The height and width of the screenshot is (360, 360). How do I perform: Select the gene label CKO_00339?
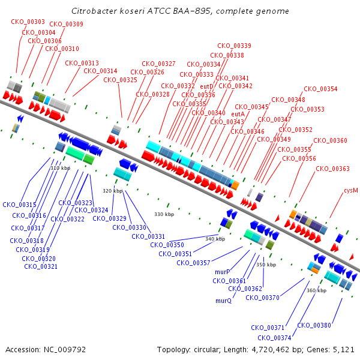(x=234, y=46)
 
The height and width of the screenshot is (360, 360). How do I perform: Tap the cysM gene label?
(x=351, y=190)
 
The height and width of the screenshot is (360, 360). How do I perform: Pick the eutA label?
(x=238, y=114)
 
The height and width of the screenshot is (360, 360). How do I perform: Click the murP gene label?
(x=223, y=272)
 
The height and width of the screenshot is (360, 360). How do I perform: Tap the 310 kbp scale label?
(x=60, y=169)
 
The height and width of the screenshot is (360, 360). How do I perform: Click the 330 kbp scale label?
(x=164, y=214)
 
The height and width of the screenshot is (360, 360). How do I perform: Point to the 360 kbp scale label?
(x=316, y=290)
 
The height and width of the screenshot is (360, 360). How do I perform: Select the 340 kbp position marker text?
(x=215, y=239)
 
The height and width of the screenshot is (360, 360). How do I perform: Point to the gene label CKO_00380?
(x=314, y=325)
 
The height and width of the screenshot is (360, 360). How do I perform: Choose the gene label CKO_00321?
(x=41, y=266)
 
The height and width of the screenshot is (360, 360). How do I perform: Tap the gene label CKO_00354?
(x=320, y=89)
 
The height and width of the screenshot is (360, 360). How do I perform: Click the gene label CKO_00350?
(x=167, y=245)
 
